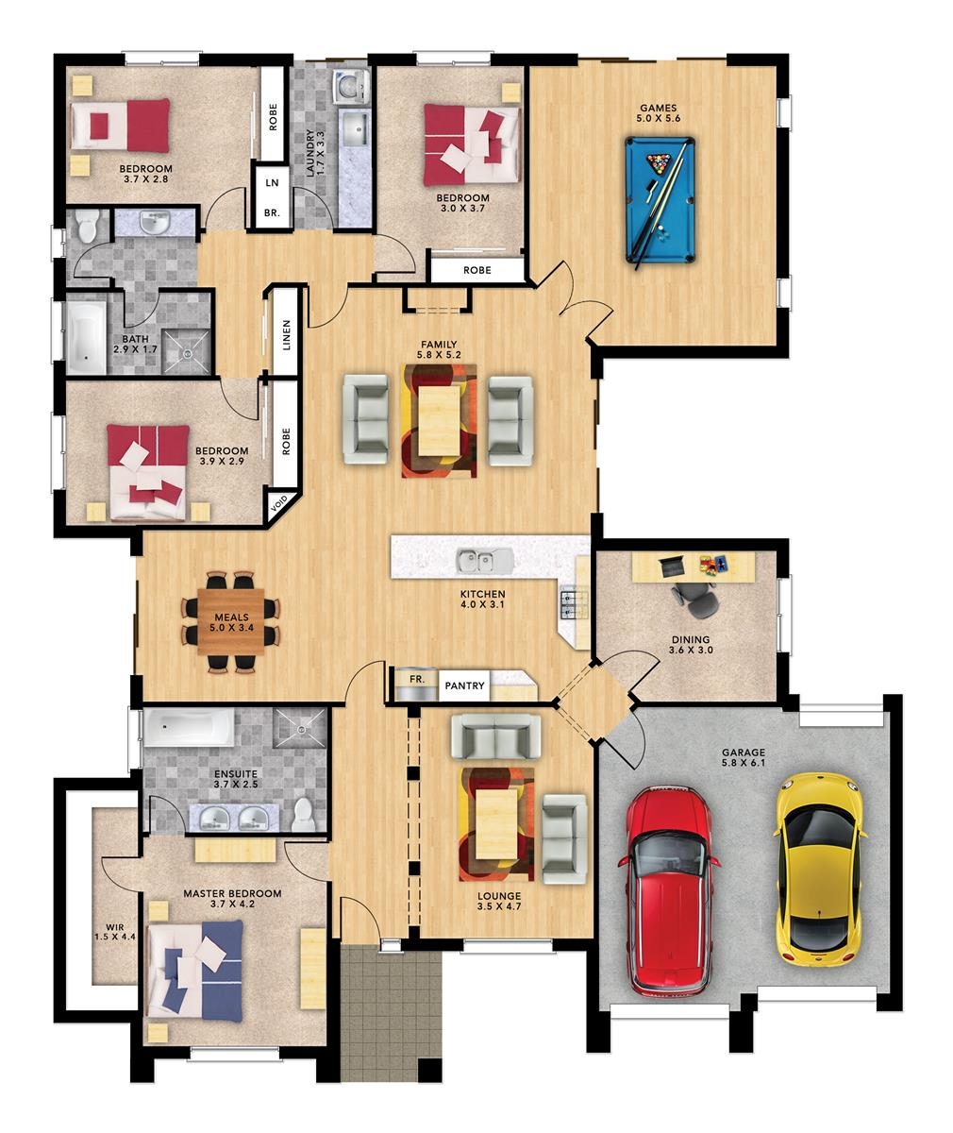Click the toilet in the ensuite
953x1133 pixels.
pyautogui.click(x=303, y=815)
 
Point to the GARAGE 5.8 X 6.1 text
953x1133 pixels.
pyautogui.click(x=744, y=757)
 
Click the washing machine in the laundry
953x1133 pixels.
pyautogui.click(x=350, y=87)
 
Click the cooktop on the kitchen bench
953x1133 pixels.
pyautogui.click(x=572, y=603)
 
